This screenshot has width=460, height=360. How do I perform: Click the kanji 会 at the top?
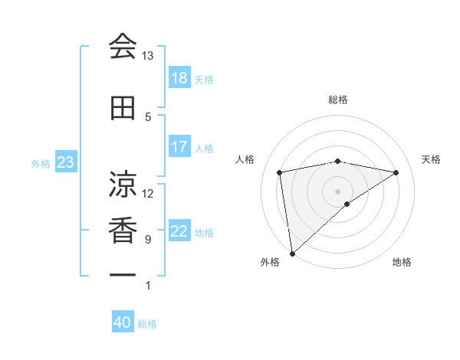click(x=123, y=47)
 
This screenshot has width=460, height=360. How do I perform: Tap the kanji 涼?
click(x=123, y=184)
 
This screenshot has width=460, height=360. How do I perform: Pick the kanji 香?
click(x=123, y=231)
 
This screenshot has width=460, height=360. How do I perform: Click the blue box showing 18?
click(x=179, y=78)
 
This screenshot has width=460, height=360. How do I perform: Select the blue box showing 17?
click(x=179, y=147)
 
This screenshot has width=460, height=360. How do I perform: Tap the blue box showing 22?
click(x=179, y=231)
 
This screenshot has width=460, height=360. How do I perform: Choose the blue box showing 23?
click(x=65, y=162)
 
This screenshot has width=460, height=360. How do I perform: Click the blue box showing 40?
click(x=123, y=323)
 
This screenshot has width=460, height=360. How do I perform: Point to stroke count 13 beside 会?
click(x=147, y=56)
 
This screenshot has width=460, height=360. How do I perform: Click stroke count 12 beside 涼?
click(x=147, y=193)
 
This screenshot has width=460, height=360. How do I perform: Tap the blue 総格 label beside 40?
click(x=147, y=324)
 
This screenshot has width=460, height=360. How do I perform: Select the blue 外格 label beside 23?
click(x=40, y=163)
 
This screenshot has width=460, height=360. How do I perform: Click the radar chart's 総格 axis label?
click(x=337, y=100)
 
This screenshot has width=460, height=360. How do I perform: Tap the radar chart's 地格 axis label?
click(x=402, y=263)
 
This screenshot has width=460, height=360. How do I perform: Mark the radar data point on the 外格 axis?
click(x=292, y=253)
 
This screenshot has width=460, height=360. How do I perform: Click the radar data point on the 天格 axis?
click(x=396, y=172)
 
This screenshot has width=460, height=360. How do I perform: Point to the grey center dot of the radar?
click(x=337, y=191)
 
